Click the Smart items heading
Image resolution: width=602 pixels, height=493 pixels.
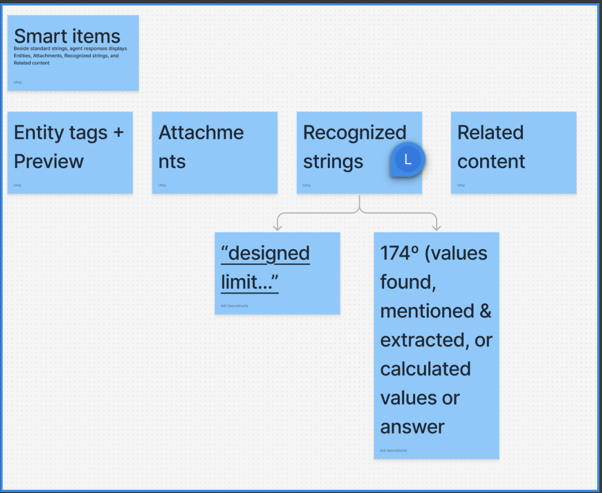67,36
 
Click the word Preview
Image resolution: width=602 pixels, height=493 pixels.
49,161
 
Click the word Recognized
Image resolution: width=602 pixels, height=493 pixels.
355,132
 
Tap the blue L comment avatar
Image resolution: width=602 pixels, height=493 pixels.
408,160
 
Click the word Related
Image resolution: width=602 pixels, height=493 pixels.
490,132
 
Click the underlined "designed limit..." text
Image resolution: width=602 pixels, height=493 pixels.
265,267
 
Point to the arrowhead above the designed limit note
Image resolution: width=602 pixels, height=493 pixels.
278,226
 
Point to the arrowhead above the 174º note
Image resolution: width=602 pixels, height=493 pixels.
436,226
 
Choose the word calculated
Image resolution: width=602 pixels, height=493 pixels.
425,369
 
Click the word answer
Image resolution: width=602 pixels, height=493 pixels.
412,427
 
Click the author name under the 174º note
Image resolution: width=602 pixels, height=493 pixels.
393,450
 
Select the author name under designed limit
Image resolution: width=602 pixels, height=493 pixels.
234,306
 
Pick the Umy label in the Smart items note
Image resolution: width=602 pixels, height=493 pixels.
18,82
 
